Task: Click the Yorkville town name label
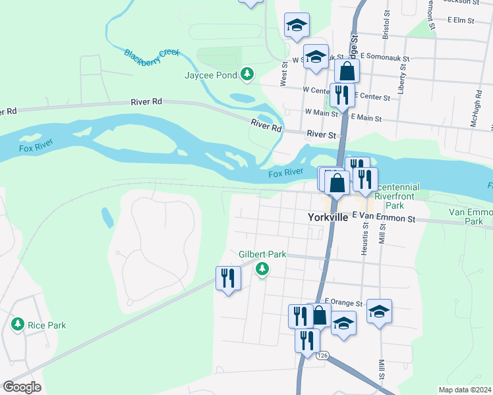tap(328, 217)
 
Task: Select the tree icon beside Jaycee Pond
tap(247, 75)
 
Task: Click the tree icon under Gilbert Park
tap(262, 268)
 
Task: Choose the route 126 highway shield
tap(322, 355)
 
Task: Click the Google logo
tap(22, 387)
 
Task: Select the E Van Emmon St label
tap(384, 217)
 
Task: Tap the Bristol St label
tap(386, 26)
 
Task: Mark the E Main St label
tap(366, 118)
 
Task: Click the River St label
tap(322, 134)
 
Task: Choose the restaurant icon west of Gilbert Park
tap(228, 278)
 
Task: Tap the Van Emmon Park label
tap(470, 217)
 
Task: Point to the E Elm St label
tap(461, 20)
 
